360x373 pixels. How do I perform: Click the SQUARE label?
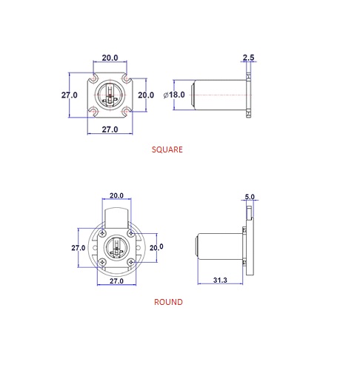[x=167, y=149]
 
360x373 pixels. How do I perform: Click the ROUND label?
[x=168, y=302]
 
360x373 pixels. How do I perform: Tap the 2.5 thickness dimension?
[x=248, y=58]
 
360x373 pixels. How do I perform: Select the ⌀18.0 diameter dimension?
[x=174, y=95]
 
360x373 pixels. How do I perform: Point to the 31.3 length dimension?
[x=220, y=280]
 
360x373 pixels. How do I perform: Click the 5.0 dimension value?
[x=250, y=197]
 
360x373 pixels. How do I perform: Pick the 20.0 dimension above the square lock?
[x=110, y=58]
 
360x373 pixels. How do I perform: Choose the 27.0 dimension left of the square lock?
[x=70, y=95]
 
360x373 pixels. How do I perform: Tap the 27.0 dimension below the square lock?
[x=110, y=130]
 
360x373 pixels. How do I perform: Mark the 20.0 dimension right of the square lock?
[x=146, y=95]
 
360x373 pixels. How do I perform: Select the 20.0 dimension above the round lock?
[x=116, y=195]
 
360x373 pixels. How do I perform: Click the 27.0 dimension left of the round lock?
[x=79, y=248]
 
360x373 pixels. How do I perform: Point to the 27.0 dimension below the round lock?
[x=116, y=281]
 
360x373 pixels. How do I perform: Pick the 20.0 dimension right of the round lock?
[x=156, y=247]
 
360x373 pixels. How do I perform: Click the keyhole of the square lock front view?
[x=110, y=94]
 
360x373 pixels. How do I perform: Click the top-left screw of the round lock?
[x=102, y=233]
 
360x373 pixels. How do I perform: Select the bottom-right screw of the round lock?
[x=131, y=262]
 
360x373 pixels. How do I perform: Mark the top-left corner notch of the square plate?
[x=93, y=78]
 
